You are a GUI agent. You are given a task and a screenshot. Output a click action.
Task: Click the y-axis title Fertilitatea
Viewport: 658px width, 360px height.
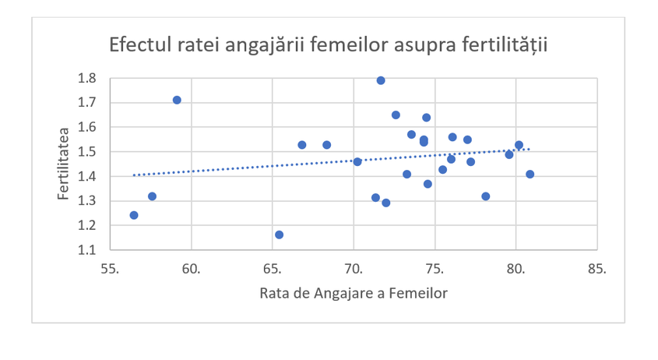64,164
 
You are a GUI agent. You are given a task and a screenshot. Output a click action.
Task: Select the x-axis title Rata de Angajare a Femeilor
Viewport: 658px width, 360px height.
354,291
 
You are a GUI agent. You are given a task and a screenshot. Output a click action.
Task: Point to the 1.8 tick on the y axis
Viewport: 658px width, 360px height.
86,78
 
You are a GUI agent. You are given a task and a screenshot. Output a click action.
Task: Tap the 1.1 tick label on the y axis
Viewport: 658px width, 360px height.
86,250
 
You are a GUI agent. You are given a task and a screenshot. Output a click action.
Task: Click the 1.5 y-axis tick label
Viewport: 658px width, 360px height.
86,152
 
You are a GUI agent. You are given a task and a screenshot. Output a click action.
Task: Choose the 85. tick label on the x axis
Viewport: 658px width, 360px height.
596,270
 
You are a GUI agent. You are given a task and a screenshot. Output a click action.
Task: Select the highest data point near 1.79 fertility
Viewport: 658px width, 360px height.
381,80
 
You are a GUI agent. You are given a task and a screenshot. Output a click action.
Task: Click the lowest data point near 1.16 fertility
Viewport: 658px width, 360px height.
279,235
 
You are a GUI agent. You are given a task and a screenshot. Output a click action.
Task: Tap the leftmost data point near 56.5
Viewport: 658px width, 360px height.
134,215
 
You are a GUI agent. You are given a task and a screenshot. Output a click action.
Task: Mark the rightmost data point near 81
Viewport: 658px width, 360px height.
530,174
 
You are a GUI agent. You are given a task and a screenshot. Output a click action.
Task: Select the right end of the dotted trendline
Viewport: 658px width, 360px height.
530,149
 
